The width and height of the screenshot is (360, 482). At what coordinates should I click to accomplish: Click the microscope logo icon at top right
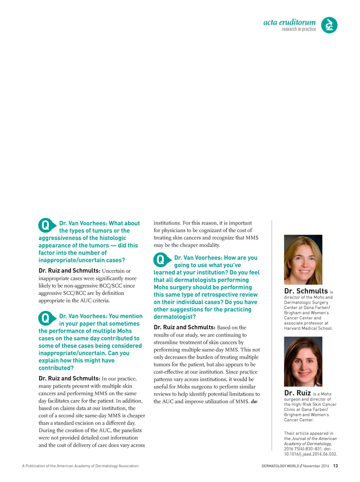pyautogui.click(x=329, y=25)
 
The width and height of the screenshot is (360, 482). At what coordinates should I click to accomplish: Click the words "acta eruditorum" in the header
pyautogui.click(x=289, y=22)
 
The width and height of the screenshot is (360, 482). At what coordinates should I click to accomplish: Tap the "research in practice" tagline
pyautogui.click(x=299, y=29)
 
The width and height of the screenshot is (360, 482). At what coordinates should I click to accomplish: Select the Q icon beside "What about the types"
pyautogui.click(x=46, y=225)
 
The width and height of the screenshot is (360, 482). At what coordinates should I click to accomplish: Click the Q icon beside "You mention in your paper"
pyautogui.click(x=46, y=318)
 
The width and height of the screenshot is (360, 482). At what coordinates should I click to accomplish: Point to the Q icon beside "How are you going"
pyautogui.click(x=161, y=260)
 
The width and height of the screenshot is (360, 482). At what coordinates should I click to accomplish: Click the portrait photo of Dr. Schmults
pyautogui.click(x=303, y=260)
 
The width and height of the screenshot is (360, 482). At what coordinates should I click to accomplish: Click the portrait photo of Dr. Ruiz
pyautogui.click(x=303, y=362)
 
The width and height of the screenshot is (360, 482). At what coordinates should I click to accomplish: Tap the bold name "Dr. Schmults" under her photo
pyautogui.click(x=306, y=291)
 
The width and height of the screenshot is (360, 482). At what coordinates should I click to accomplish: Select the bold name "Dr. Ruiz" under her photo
pyautogui.click(x=297, y=393)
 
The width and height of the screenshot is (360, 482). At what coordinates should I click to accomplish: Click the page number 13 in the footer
pyautogui.click(x=335, y=466)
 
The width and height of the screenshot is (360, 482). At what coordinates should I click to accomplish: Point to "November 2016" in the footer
pyautogui.click(x=316, y=466)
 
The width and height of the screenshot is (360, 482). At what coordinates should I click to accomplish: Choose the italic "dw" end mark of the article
pyautogui.click(x=254, y=401)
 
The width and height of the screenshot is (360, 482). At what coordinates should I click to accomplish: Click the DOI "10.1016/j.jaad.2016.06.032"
pyautogui.click(x=310, y=454)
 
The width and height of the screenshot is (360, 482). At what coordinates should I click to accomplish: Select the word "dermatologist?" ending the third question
pyautogui.click(x=174, y=317)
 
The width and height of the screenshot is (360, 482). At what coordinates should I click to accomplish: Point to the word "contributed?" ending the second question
pyautogui.click(x=56, y=368)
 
